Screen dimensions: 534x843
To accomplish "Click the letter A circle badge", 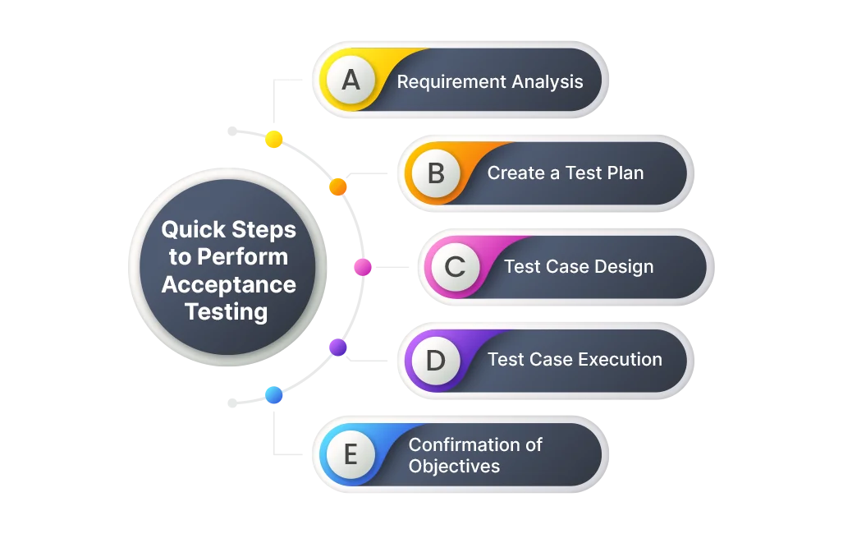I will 350,81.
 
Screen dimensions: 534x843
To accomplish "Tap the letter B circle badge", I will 436,173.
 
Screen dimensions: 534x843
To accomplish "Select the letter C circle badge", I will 454,267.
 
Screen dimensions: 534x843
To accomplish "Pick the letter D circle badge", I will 436,360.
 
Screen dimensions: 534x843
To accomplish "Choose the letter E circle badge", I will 350,454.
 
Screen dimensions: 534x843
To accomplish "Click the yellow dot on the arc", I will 274,139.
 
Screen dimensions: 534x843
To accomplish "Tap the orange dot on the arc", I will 338,186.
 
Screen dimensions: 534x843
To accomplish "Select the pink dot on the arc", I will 363,266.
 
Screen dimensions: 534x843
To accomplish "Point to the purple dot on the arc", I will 338,347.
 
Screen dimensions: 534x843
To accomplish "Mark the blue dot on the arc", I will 273,395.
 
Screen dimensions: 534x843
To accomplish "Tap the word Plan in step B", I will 625,173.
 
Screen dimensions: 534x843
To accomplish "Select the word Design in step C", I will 625,267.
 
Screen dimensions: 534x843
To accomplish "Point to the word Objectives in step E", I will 454,466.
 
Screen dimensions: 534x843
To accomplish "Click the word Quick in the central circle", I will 195,229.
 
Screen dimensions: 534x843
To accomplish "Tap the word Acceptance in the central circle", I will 228,284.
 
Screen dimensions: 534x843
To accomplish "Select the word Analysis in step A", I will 547,82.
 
